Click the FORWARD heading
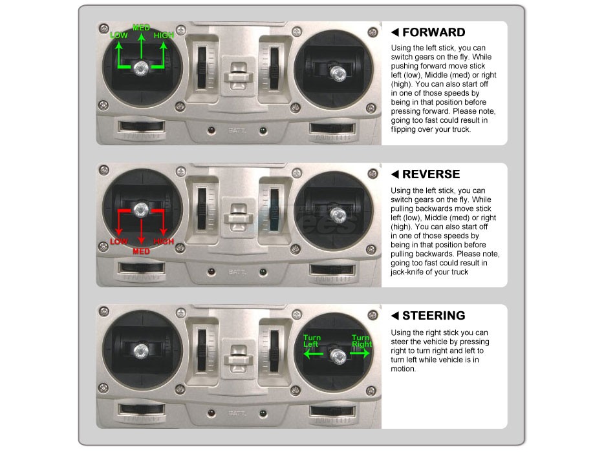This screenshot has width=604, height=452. point(434,32)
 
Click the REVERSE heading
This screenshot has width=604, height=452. point(431,174)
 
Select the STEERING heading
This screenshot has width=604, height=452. point(434,316)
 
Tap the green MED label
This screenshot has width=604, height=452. point(141,28)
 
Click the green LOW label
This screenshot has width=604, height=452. point(118,36)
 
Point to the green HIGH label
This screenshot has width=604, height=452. point(164,36)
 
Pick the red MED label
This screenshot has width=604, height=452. point(141,252)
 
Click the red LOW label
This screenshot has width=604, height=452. point(118,241)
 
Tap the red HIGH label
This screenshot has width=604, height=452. point(164,241)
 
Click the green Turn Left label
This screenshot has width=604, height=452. point(312,341)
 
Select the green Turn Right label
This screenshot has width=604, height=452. point(361,341)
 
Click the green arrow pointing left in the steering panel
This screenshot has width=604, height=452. point(314,353)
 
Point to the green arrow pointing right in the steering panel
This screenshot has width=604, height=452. point(360,353)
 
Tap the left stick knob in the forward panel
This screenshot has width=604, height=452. point(141,68)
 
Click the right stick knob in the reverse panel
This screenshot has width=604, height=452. point(338,215)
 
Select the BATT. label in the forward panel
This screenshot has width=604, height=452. point(237,130)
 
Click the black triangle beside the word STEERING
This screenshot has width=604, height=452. point(395,316)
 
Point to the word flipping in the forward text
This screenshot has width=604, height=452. point(405,130)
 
